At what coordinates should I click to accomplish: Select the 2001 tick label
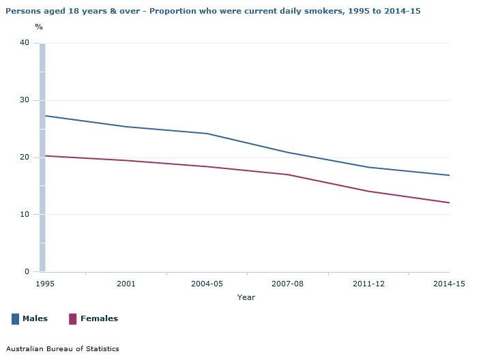(x=126, y=284)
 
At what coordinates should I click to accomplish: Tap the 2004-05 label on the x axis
(x=207, y=284)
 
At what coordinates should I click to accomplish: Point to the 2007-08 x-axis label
(x=287, y=284)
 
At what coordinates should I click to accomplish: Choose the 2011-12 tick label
(x=368, y=284)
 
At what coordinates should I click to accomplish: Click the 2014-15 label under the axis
(x=449, y=284)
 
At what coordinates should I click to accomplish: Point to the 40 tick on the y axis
(x=25, y=43)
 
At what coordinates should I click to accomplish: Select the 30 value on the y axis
(x=25, y=100)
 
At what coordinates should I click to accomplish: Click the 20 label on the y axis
(x=25, y=157)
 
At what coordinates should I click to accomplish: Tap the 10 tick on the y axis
(x=25, y=215)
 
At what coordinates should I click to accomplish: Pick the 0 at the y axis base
(x=27, y=272)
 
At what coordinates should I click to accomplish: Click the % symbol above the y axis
(x=39, y=27)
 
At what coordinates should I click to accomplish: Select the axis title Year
(x=246, y=297)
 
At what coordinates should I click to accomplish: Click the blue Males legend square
(x=16, y=318)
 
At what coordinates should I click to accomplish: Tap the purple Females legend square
(x=73, y=318)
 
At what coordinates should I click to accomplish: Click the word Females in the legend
(x=99, y=318)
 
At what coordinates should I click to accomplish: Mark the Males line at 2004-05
(x=207, y=134)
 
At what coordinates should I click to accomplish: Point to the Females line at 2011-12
(x=368, y=191)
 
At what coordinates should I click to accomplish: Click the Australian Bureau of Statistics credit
(x=62, y=348)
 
